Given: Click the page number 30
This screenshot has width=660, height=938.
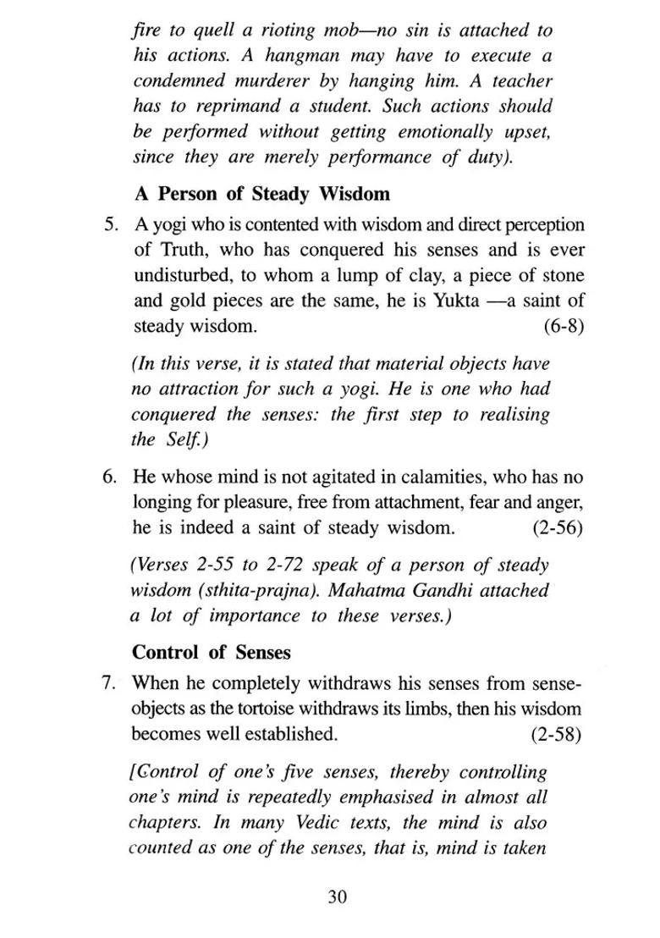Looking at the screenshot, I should point(337,897).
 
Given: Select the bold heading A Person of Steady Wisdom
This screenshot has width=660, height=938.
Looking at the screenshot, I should point(261,194).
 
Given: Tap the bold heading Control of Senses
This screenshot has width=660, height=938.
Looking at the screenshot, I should point(212,653).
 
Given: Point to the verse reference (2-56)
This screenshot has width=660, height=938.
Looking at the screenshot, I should point(557,527).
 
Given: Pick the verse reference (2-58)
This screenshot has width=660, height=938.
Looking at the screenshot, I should point(556,733).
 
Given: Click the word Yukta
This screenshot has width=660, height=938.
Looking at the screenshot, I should point(456,301).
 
